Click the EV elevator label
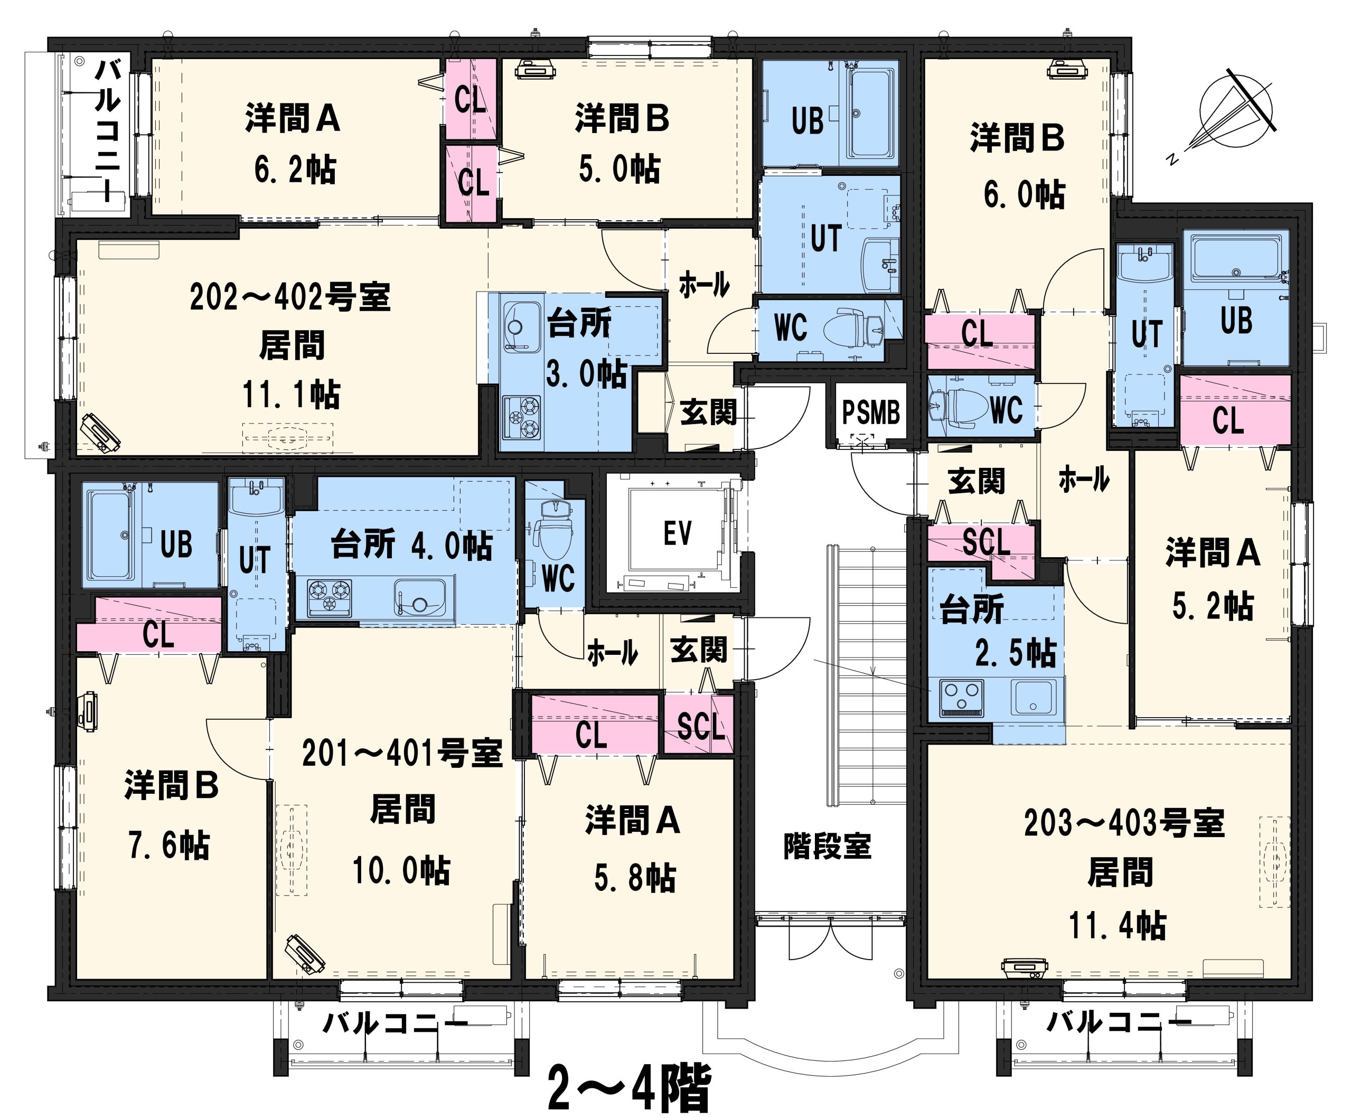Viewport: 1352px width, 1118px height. pos(677,533)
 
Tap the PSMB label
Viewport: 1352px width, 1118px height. pos(870,412)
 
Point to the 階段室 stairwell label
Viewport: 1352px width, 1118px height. pos(827,847)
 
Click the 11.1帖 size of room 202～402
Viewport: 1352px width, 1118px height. pos(291,394)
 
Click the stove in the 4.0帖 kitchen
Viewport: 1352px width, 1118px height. pos(330,595)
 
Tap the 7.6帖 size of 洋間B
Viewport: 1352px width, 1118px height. pos(168,845)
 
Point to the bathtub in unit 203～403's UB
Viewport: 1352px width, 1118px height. pos(1236,258)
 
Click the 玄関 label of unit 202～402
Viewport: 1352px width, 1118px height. pos(708,412)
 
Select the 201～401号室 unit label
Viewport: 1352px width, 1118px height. pos(402,753)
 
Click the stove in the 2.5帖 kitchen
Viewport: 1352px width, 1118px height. pos(961,698)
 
